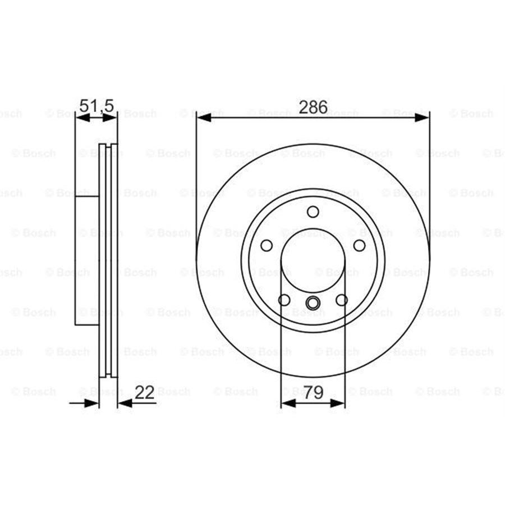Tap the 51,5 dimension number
coord(97,105)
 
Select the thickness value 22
coord(145,393)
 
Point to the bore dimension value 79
coord(313,393)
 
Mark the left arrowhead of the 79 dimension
coord(287,403)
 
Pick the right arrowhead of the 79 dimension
coord(338,403)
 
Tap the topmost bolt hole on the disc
coord(313,212)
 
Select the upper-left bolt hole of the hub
coord(267,245)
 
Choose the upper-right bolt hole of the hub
coord(359,245)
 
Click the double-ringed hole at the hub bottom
coord(313,303)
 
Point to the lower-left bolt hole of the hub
coord(284,300)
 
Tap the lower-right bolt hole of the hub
coord(341,300)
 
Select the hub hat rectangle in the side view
coord(86,260)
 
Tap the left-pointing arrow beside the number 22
coord(125,403)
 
